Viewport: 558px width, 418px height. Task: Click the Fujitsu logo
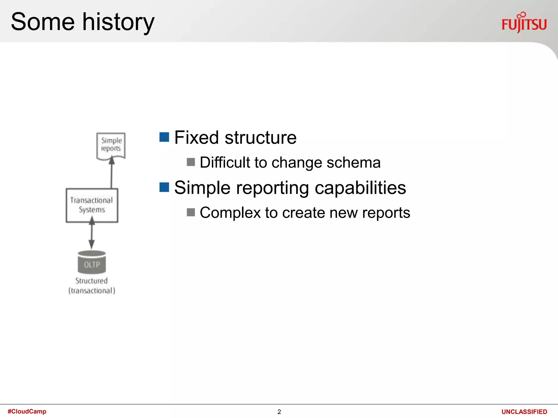524,23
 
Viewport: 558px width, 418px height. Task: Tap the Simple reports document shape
111,145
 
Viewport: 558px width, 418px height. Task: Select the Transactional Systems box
92,205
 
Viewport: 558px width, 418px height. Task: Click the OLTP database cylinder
92,263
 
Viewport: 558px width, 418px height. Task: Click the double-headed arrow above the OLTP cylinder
92,233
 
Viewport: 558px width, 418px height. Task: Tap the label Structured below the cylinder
92,281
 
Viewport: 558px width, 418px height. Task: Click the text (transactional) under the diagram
92,291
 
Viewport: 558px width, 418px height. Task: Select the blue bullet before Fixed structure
164,137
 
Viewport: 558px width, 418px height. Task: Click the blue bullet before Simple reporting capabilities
164,187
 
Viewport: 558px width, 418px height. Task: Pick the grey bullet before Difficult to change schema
191,162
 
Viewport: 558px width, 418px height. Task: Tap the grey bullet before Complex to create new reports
191,212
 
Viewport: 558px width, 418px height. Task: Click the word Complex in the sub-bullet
230,213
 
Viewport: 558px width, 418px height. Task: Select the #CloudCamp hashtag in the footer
27,411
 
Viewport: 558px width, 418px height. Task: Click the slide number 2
279,412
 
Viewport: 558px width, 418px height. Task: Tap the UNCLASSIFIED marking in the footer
524,412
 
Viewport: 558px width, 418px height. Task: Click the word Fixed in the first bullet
196,137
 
